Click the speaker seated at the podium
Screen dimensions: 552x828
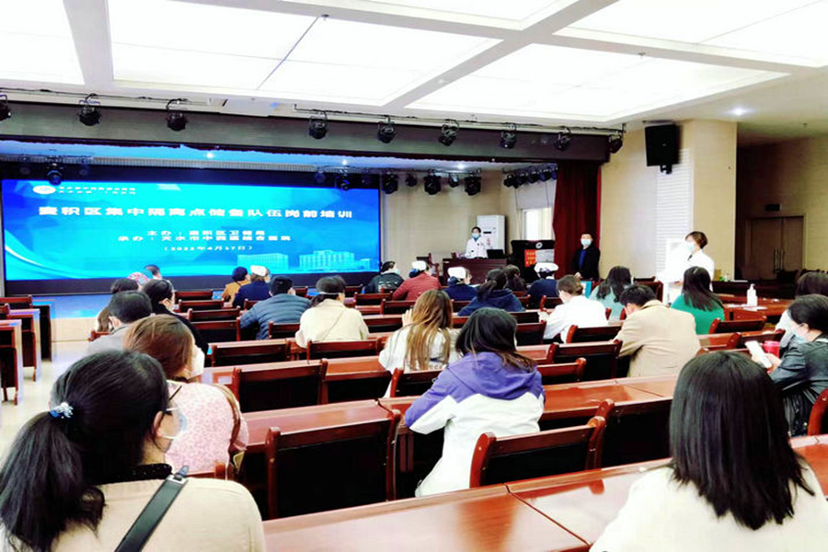476,244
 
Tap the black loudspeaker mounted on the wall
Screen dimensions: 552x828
661,145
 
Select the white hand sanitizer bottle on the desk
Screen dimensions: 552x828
752,295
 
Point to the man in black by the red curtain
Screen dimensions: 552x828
585,258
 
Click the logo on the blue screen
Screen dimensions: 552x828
43,190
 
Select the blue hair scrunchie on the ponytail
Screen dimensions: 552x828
62,410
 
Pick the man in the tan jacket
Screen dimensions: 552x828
654,333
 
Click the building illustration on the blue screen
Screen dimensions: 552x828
327,259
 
